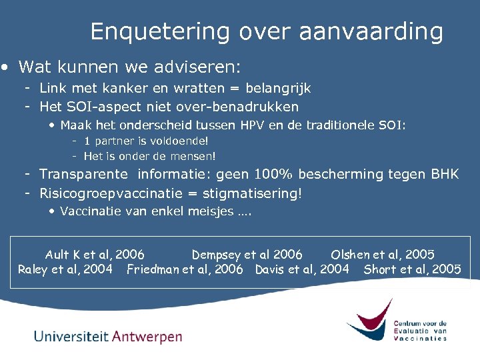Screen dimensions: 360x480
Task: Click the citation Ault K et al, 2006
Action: click(x=94, y=254)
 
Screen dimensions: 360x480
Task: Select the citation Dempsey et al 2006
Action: click(x=247, y=254)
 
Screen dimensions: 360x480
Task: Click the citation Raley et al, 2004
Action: click(x=65, y=269)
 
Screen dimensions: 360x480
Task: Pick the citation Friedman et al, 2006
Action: click(x=185, y=269)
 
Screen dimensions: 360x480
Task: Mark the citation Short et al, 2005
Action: click(x=412, y=269)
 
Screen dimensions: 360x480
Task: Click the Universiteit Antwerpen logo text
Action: click(x=108, y=336)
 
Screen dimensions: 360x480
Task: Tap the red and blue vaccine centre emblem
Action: click(x=369, y=321)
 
